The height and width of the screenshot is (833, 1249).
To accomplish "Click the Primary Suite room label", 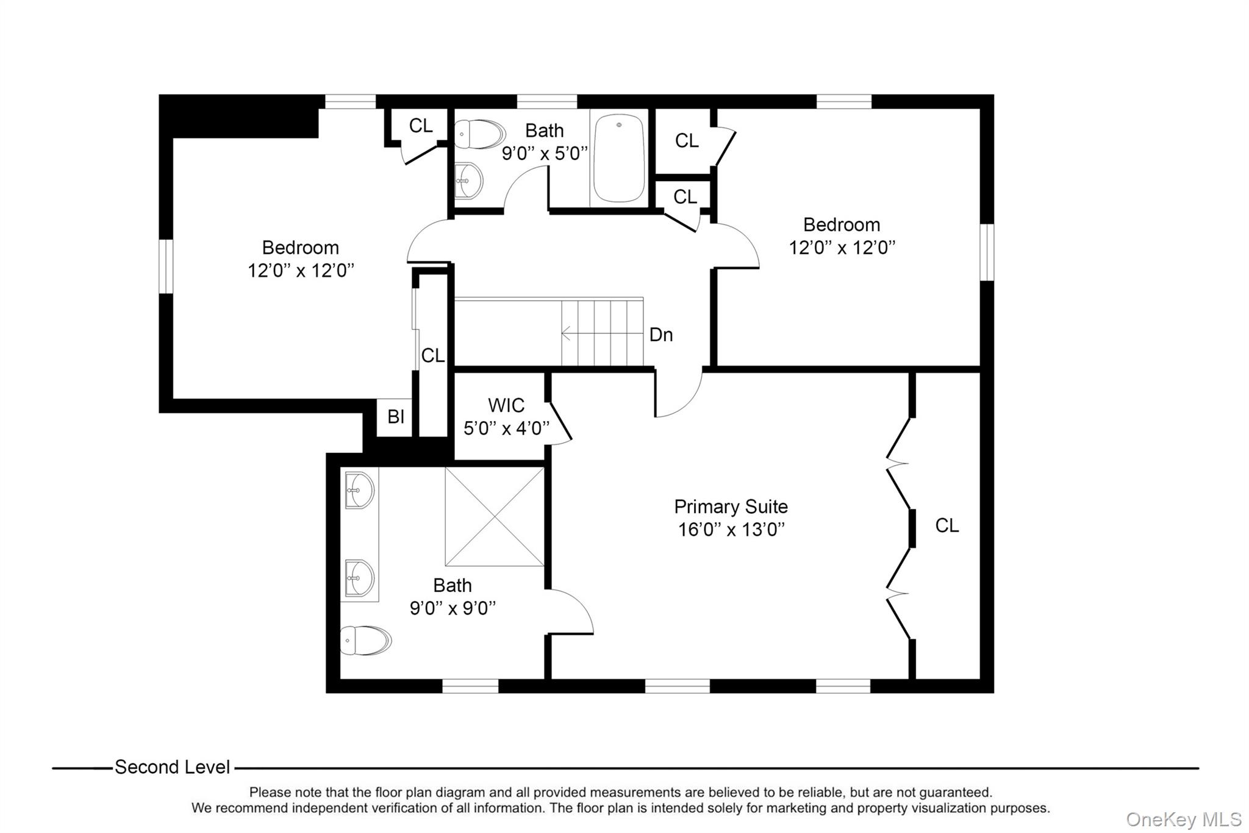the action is pyautogui.click(x=731, y=507).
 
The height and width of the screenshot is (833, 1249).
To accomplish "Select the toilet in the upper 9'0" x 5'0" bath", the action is pyautogui.click(x=480, y=134).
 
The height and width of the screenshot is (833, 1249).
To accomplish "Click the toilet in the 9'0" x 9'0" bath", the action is pyautogui.click(x=366, y=640).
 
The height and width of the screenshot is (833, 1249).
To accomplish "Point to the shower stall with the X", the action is pyautogui.click(x=495, y=516).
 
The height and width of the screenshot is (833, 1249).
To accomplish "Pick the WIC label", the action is pyautogui.click(x=506, y=405).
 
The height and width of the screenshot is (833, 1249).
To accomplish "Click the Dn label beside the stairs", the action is pyautogui.click(x=661, y=334).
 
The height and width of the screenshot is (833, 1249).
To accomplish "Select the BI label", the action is pyautogui.click(x=396, y=417).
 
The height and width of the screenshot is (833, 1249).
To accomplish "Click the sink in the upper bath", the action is pyautogui.click(x=469, y=181).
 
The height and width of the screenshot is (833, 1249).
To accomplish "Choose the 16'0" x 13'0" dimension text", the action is pyautogui.click(x=731, y=529).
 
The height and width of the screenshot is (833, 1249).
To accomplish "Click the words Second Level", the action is pyautogui.click(x=173, y=767).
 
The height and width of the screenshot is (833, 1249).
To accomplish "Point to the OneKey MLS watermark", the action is pyautogui.click(x=1183, y=819).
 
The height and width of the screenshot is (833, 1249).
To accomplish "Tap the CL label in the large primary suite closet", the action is pyautogui.click(x=947, y=525).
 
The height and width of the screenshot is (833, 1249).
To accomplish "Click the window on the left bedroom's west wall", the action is pyautogui.click(x=166, y=266).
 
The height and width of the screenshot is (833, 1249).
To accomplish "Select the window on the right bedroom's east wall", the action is pyautogui.click(x=987, y=252).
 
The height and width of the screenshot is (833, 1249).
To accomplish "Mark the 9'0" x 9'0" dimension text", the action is pyautogui.click(x=453, y=608).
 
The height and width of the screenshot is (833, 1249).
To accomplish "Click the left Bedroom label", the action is pyautogui.click(x=301, y=248).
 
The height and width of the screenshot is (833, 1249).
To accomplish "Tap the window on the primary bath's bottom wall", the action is pyautogui.click(x=470, y=686).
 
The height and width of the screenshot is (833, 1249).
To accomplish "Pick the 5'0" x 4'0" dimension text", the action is pyautogui.click(x=506, y=428).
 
